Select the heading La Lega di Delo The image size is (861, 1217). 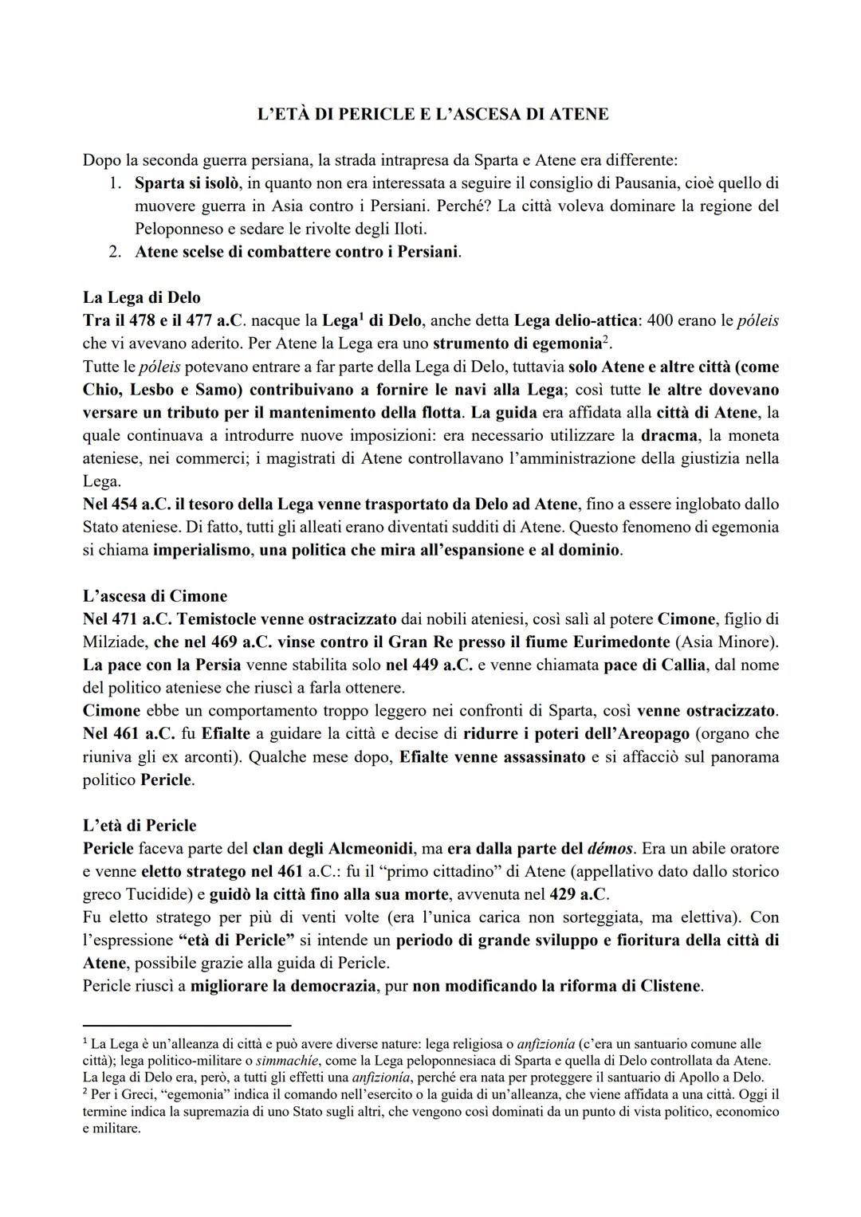(x=141, y=298)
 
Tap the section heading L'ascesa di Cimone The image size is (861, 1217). (x=155, y=596)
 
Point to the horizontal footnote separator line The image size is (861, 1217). (x=187, y=1026)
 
